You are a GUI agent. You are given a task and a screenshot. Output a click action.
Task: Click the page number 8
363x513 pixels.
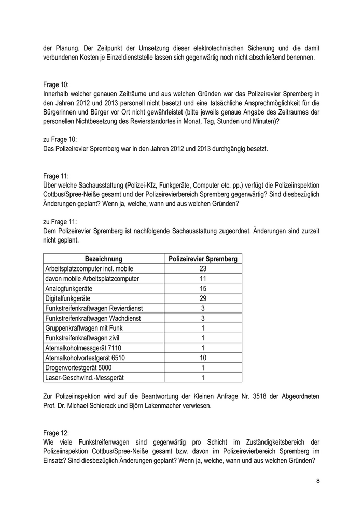[318, 481]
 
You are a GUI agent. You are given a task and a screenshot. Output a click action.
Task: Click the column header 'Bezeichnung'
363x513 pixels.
[104, 259]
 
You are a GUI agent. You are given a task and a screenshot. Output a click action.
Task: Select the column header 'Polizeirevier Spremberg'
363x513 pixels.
[203, 259]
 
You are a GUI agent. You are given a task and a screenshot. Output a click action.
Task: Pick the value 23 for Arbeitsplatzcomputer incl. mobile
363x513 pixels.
[203, 268]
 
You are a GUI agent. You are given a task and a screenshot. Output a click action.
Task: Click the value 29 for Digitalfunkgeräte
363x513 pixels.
[203, 298]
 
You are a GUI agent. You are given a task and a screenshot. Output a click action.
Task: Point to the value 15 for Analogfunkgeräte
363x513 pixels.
[203, 288]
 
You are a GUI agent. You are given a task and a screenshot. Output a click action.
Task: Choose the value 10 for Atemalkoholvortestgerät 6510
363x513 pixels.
[203, 358]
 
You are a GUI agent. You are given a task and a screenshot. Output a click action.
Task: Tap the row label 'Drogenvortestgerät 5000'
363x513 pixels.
[78, 367]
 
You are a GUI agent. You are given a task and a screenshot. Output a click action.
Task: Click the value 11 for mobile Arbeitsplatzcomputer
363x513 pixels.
[203, 278]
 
